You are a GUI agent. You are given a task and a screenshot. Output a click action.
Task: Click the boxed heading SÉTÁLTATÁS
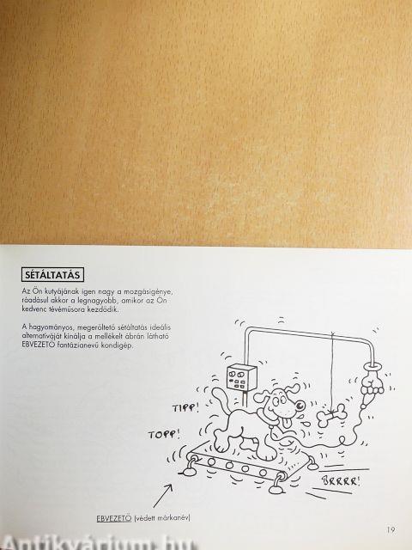click(52, 275)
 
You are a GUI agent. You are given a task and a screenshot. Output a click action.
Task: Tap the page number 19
click(391, 529)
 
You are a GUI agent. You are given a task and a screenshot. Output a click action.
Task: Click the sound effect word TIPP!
click(185, 407)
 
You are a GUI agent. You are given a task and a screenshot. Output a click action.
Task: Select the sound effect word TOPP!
click(164, 435)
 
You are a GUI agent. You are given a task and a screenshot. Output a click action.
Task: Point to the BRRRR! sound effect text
click(341, 480)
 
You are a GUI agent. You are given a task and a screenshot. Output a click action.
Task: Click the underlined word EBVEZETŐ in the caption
click(114, 518)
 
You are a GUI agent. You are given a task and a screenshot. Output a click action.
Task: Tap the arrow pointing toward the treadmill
click(163, 496)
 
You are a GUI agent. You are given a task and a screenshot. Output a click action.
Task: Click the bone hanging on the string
click(332, 416)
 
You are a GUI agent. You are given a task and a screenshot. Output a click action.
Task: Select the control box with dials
click(241, 377)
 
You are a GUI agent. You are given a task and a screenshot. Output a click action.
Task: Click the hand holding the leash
click(372, 383)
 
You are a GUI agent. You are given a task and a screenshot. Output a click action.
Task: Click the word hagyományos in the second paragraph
click(51, 327)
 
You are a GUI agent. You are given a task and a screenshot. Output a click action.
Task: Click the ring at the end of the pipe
click(372, 366)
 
